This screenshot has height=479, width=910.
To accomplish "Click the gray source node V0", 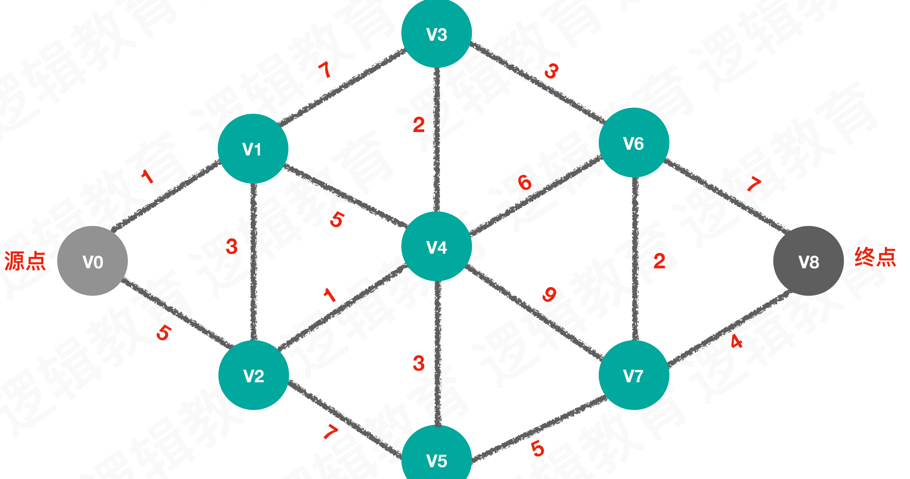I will tap(93, 261).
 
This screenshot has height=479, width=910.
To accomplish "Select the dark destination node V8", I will tap(808, 261).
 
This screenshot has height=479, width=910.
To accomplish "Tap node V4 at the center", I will tap(437, 246).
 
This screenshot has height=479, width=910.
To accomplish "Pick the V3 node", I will tap(437, 34).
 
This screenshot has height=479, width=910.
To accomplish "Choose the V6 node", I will tap(634, 143).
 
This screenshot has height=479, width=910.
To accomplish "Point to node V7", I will tap(634, 375).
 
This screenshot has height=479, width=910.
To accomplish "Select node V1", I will tap(253, 149).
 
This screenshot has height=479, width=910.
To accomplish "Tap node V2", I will tap(253, 375).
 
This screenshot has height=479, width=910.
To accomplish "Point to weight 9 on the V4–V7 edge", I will tap(549, 294).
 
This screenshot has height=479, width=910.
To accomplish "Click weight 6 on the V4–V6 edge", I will tap(524, 182).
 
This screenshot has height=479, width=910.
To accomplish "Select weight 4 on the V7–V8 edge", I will tap(736, 341).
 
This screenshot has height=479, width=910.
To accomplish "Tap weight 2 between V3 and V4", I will tap(419, 125).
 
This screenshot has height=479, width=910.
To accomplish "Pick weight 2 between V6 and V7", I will tap(659, 261).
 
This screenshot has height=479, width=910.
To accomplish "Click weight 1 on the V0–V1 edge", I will tap(147, 177).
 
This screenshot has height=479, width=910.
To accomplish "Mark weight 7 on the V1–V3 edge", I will tap(325, 70).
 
